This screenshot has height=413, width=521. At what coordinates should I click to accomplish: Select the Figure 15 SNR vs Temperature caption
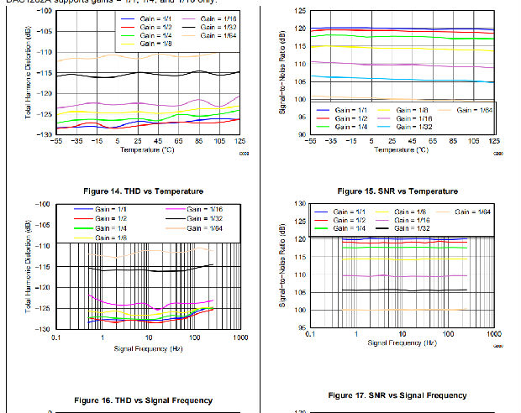397,191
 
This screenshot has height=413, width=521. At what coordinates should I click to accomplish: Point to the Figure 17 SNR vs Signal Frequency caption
397,395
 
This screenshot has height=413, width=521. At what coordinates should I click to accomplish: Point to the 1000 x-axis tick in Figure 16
239,337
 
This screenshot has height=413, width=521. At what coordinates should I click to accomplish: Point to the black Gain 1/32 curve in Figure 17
403,290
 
